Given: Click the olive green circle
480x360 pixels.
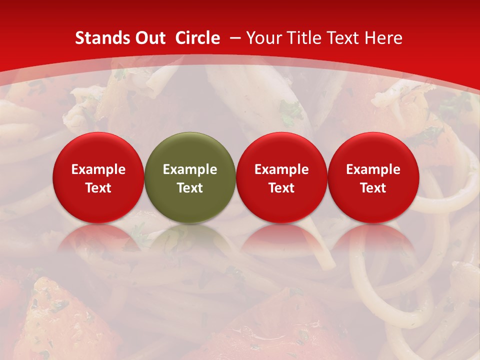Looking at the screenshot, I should [x=190, y=177].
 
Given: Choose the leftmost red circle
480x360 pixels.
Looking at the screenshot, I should [x=98, y=177].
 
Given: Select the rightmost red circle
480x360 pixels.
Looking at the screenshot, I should [x=373, y=177].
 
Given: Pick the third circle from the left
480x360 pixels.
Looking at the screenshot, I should [x=281, y=177].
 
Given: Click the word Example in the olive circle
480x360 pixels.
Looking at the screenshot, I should [x=190, y=169].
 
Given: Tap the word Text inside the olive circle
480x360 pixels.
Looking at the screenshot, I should [x=190, y=188].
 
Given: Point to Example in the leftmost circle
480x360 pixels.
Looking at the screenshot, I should [x=98, y=169].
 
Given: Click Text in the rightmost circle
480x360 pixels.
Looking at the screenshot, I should [x=373, y=188].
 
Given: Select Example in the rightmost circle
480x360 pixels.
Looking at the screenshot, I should [x=373, y=169].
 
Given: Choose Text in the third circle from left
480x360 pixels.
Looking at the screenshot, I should [x=281, y=188].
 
